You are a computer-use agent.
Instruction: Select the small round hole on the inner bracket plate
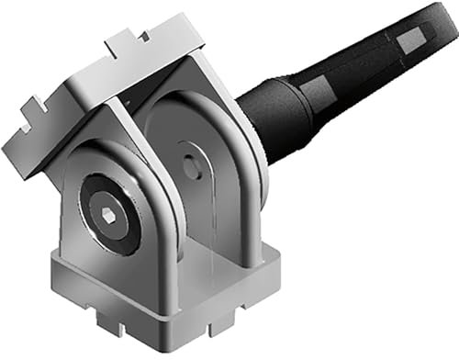189,167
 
